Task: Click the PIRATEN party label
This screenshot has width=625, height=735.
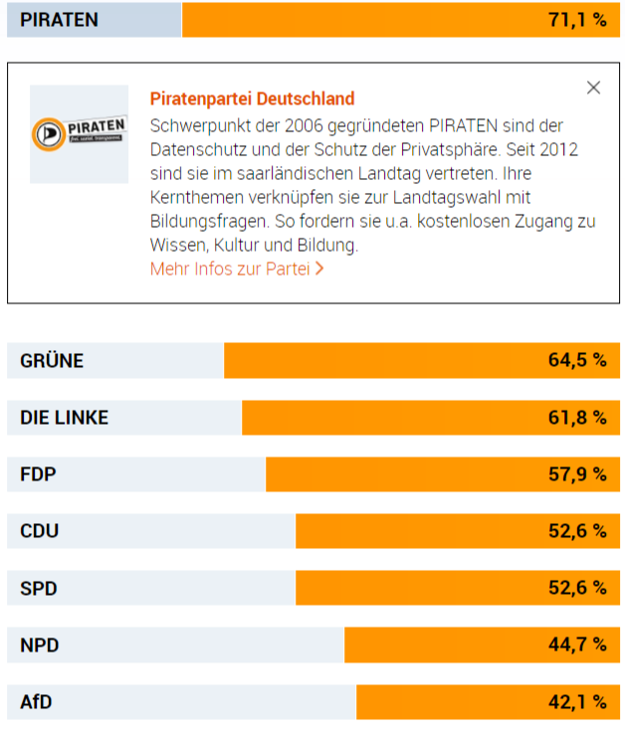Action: click(x=59, y=20)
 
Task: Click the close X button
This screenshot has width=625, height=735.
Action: click(x=594, y=88)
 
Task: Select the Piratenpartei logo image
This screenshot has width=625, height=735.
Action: click(x=79, y=133)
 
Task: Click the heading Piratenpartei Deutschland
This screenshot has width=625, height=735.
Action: click(x=252, y=99)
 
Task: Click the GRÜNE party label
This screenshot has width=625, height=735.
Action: click(x=52, y=361)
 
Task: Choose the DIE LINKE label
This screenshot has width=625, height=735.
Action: click(x=64, y=418)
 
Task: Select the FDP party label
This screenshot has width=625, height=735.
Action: click(x=38, y=474)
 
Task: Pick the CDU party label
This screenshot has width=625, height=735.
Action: click(x=40, y=531)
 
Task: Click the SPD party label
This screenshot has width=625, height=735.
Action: click(x=39, y=588)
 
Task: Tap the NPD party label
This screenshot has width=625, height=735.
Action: click(x=40, y=645)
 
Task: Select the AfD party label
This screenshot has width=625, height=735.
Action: click(x=36, y=702)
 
